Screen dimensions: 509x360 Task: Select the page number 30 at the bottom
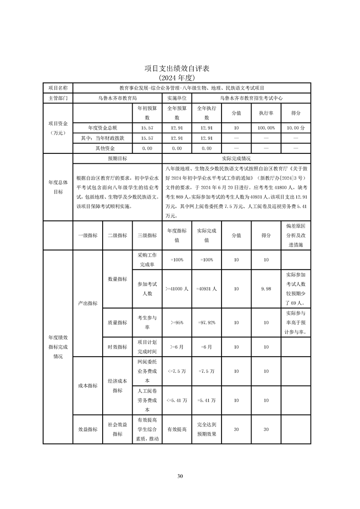(x=180, y=476)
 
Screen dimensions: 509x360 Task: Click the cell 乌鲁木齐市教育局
(x=117, y=98)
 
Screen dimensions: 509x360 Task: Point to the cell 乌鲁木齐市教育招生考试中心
(x=251, y=98)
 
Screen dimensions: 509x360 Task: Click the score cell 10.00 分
(x=296, y=128)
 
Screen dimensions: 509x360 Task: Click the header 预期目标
(x=117, y=159)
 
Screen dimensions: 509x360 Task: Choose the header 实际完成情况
(x=236, y=159)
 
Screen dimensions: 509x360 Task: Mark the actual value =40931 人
(x=207, y=289)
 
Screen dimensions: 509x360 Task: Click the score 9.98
(x=266, y=289)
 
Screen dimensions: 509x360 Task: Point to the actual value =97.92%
(x=207, y=323)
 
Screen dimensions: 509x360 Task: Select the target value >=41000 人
(x=177, y=289)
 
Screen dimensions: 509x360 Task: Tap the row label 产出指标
(x=88, y=303)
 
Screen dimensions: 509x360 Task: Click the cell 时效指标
(x=117, y=347)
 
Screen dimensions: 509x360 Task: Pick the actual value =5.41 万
(x=207, y=401)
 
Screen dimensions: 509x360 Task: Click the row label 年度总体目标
(x=58, y=187)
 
